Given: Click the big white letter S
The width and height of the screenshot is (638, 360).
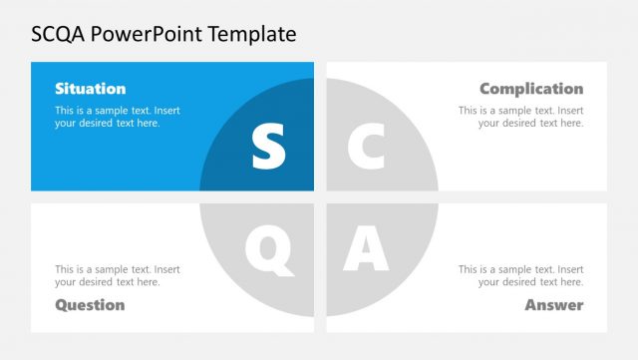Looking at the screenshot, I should (268, 147).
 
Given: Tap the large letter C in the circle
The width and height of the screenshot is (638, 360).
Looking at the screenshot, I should (366, 147).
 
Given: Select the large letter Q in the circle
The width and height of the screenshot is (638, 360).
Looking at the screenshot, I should (269, 249).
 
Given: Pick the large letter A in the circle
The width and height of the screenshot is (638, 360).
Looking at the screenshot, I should (366, 249).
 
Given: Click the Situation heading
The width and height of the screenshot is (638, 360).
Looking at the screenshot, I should (90, 89).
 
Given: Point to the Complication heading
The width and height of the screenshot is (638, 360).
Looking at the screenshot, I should (531, 89).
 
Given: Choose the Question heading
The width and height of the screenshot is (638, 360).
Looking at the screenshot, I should (90, 304).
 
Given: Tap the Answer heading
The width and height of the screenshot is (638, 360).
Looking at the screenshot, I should (554, 304).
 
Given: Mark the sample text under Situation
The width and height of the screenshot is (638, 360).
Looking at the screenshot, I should (118, 117).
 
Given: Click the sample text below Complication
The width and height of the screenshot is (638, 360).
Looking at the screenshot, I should (521, 117).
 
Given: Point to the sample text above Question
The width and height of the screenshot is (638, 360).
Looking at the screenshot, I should (118, 275).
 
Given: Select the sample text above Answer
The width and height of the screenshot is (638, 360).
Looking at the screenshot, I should (521, 275).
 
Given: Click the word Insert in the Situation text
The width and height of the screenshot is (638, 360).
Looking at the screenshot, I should (165, 111).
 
